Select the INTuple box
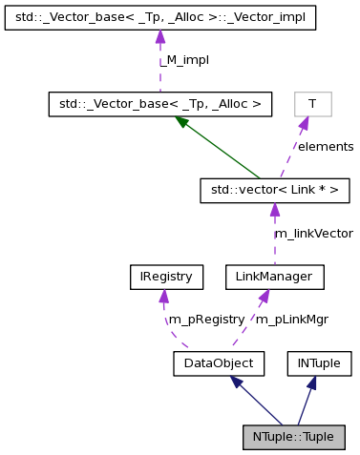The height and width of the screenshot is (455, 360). [320, 362]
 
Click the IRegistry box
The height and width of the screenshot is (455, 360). [160, 278]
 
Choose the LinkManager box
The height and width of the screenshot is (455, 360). [274, 278]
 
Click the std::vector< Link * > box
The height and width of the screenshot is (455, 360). [274, 191]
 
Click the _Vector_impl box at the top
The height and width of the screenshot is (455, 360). [160, 18]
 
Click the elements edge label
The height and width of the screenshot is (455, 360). [325, 147]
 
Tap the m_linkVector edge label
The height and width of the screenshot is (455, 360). [313, 234]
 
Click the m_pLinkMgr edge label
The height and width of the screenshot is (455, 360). [292, 320]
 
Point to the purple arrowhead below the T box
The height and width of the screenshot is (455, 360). [303, 123]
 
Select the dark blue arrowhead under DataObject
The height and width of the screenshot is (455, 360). [234, 383]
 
